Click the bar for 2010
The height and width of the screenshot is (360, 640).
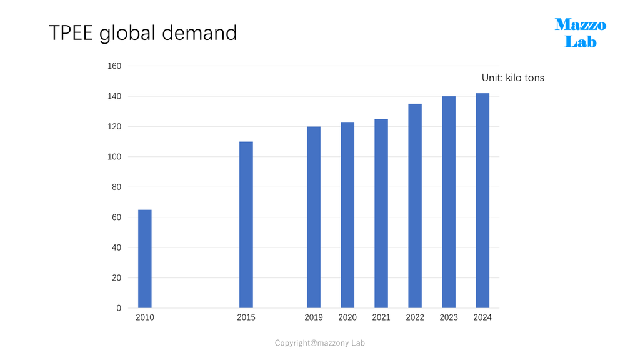(x=145, y=259)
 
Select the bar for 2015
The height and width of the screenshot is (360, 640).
(x=246, y=225)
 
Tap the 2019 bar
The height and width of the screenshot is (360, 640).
(x=314, y=217)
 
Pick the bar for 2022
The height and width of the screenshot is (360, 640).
(x=415, y=206)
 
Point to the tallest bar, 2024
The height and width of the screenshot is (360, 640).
(x=482, y=201)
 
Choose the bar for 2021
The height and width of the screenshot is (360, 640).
(x=381, y=214)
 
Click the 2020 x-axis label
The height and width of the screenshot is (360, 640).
(x=347, y=317)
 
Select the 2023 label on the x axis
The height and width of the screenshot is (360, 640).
(x=449, y=317)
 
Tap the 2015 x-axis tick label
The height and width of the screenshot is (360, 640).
(x=246, y=317)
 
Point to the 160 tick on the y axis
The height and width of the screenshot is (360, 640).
(x=114, y=66)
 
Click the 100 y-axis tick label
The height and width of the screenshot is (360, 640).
(x=114, y=157)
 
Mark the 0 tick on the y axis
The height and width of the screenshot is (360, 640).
(x=119, y=308)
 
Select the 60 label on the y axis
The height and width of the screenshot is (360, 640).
(x=116, y=217)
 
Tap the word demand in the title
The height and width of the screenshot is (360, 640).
(x=199, y=32)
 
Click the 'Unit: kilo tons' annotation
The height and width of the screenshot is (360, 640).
(x=513, y=78)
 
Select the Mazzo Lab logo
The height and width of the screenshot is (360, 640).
(x=581, y=33)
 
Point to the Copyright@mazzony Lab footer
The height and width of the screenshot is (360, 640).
(x=319, y=343)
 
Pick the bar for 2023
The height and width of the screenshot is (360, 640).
(x=449, y=202)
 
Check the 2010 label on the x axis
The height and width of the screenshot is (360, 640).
(x=145, y=317)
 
